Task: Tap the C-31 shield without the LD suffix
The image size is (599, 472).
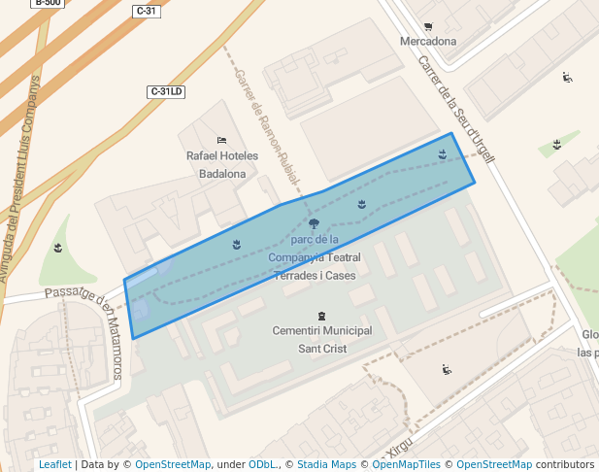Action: coord(146,11)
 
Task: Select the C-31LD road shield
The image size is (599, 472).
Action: coord(166,91)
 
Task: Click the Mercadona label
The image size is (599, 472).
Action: coord(428,42)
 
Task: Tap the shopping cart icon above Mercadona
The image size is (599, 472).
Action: coord(428,26)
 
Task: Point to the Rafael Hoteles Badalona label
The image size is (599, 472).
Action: coord(222,164)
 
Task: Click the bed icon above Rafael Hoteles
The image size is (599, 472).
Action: coord(222,140)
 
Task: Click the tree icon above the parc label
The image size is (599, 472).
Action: coord(314,223)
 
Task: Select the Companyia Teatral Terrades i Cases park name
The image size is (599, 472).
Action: coord(315,257)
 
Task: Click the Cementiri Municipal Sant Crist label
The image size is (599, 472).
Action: coord(322,339)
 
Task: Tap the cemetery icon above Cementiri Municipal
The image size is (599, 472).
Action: coord(322,316)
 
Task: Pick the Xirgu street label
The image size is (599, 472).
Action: coord(400,447)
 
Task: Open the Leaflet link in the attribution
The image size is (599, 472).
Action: coord(55,464)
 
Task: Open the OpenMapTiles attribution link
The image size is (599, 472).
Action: coord(409,464)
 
